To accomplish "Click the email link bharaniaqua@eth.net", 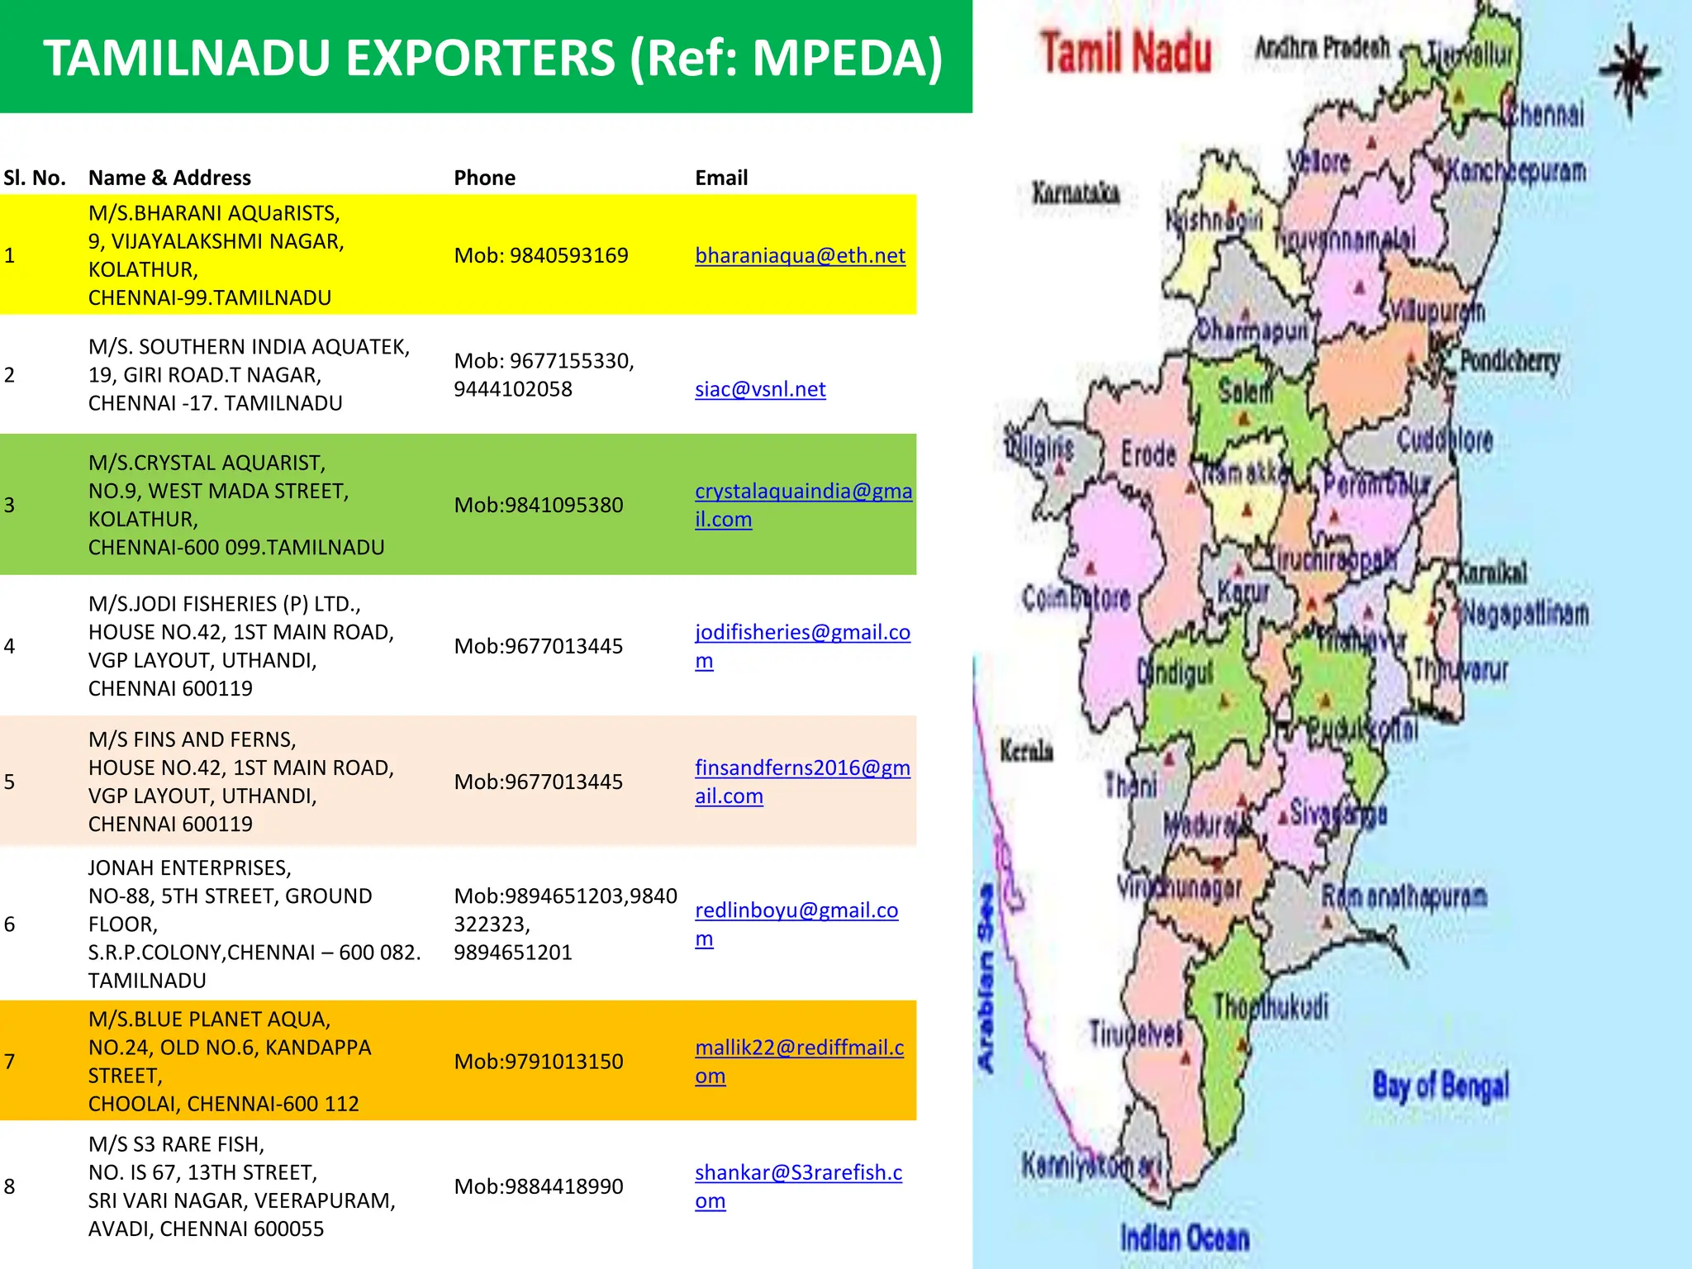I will point(800,256).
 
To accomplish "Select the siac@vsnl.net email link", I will point(760,389).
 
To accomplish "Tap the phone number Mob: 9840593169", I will point(541,256).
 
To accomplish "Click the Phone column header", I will point(484,178).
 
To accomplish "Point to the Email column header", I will point(721,178).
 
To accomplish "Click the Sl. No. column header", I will point(35,178).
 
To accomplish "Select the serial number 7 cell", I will point(10,1062).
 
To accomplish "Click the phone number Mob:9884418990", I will point(539,1186).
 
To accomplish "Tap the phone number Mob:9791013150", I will point(539,1062).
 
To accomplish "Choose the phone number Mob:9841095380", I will point(539,505).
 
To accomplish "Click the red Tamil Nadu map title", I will point(1126,53).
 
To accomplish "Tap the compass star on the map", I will point(1629,70).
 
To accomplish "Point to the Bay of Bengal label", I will point(1441,1086).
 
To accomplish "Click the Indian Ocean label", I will point(1185,1238).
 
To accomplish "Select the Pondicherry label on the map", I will point(1509,361).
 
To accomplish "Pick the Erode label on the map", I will point(1148,454).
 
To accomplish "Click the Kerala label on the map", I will point(1026,751).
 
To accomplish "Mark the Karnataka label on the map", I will point(1076,193).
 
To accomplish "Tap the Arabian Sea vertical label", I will point(986,979).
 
